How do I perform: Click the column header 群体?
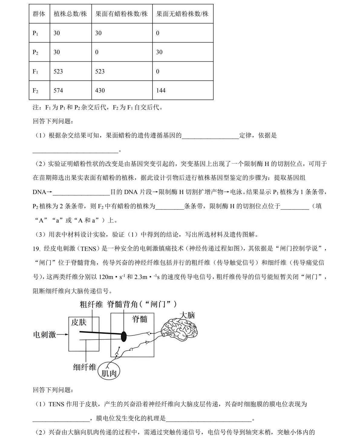39,14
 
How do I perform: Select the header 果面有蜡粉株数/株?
122,14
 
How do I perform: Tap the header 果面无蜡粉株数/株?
182,14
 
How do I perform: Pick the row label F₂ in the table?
35,90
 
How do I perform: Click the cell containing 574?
58,90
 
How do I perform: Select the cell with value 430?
100,90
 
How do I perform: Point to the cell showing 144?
161,90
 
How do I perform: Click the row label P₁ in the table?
35,33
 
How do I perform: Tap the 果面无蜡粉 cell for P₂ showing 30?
159,52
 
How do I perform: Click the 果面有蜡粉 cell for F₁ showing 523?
100,71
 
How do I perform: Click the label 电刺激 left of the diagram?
44,335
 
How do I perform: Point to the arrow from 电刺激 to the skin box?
63,335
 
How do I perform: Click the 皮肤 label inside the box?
79,322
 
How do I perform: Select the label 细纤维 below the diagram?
85,367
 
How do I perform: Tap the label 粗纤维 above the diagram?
91,304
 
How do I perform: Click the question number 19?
36,249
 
